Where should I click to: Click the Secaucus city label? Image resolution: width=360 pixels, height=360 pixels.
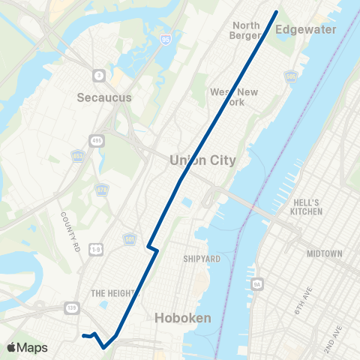pyautogui.click(x=104, y=97)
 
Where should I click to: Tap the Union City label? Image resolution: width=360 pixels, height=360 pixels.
pyautogui.click(x=202, y=160)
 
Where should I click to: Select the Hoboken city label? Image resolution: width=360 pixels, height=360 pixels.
pyautogui.click(x=182, y=318)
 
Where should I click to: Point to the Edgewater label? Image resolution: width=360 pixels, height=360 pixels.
pyautogui.click(x=307, y=29)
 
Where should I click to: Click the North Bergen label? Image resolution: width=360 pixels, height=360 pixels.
pyautogui.click(x=246, y=30)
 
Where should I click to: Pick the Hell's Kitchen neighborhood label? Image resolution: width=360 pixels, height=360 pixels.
pyautogui.click(x=307, y=207)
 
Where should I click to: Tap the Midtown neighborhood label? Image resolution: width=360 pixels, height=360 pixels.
pyautogui.click(x=324, y=254)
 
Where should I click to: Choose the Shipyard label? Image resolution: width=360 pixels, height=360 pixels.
pyautogui.click(x=201, y=259)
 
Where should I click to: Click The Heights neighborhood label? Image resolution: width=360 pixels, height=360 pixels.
pyautogui.click(x=112, y=293)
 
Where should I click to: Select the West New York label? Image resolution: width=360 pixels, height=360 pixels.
pyautogui.click(x=234, y=97)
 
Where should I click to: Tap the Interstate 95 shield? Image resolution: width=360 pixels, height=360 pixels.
pyautogui.click(x=164, y=37)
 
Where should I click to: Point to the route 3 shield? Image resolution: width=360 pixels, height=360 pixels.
pyautogui.click(x=98, y=74)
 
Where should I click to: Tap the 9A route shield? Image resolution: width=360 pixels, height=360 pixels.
pyautogui.click(x=256, y=284)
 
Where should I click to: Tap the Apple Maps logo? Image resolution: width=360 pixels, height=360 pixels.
pyautogui.click(x=27, y=347)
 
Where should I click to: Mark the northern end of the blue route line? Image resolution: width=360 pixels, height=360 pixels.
pyautogui.click(x=277, y=11)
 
